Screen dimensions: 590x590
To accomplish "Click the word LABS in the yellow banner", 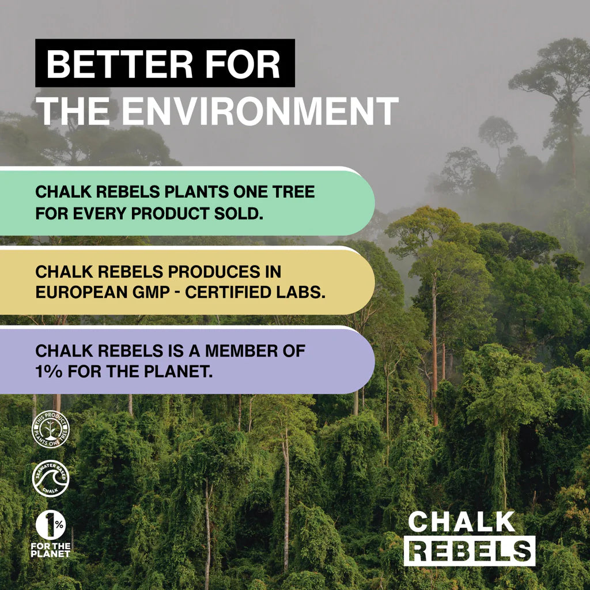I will click(300, 292).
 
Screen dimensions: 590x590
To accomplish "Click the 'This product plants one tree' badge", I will click(50, 429).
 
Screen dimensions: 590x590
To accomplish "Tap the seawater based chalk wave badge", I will click(50, 478).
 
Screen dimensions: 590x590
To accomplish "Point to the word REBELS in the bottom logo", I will click(470, 551).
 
